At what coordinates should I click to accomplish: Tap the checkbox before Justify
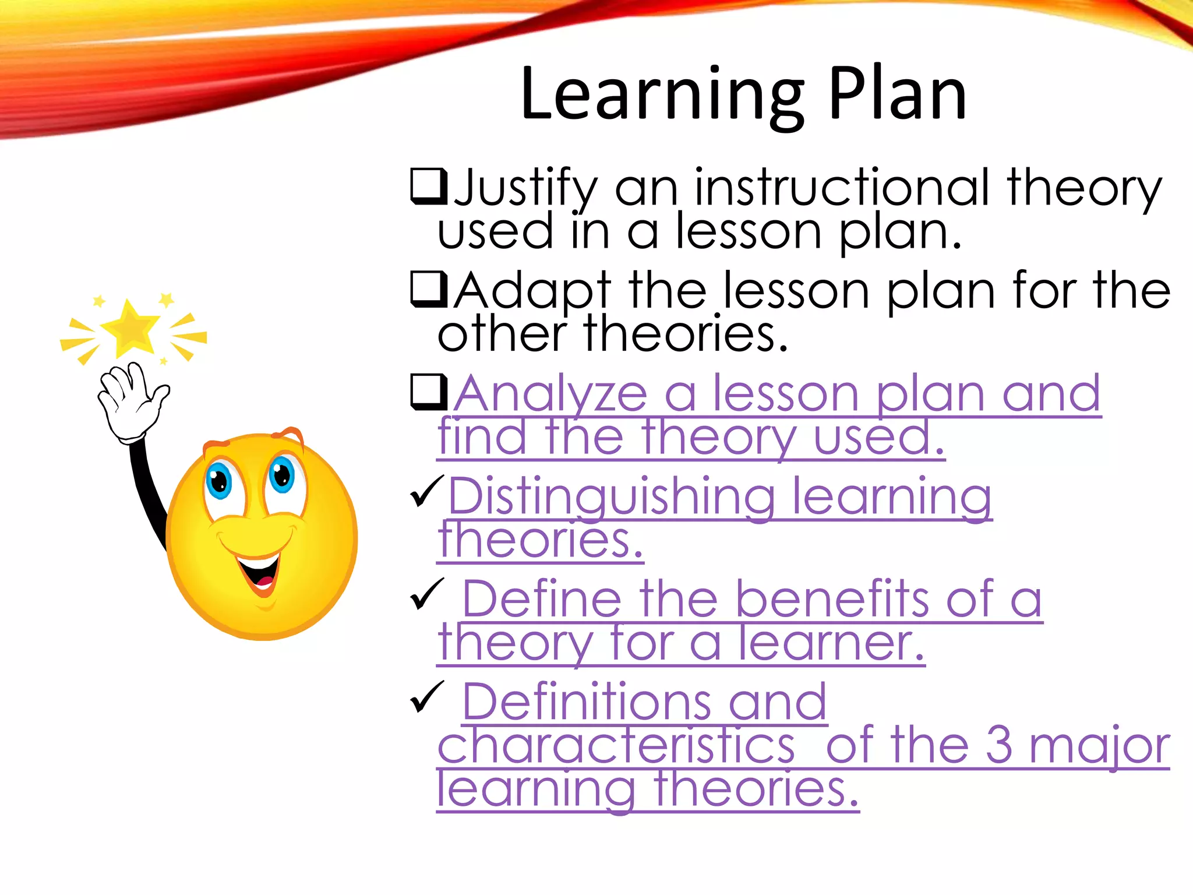click(429, 186)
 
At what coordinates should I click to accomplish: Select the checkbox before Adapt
click(429, 290)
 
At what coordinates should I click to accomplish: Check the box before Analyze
click(429, 392)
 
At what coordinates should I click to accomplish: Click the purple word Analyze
click(551, 394)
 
